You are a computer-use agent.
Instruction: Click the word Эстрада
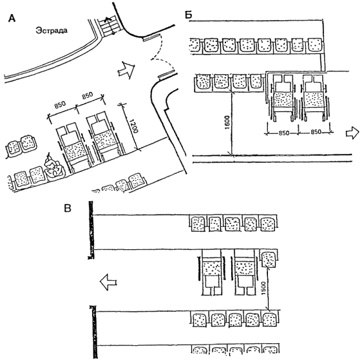pyautogui.click(x=52, y=30)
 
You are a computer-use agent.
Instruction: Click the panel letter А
pyautogui.click(x=12, y=18)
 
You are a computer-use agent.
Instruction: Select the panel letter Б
pyautogui.click(x=189, y=15)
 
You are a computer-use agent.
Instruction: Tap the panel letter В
pyautogui.click(x=68, y=208)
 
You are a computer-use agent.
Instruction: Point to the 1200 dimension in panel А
pyautogui.click(x=133, y=126)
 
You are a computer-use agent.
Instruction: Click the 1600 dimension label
pyautogui.click(x=227, y=122)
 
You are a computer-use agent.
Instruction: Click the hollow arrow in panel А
pyautogui.click(x=126, y=70)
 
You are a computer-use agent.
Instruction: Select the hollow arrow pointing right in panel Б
pyautogui.click(x=352, y=133)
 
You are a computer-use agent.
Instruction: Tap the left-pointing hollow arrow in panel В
pyautogui.click(x=108, y=282)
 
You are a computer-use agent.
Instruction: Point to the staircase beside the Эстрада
pyautogui.click(x=110, y=25)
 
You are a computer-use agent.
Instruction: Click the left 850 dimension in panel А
pyautogui.click(x=61, y=105)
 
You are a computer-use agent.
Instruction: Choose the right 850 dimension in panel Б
pyautogui.click(x=316, y=132)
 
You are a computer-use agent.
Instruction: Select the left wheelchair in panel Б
pyautogui.click(x=282, y=97)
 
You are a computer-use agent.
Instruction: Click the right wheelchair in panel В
pyautogui.click(x=245, y=272)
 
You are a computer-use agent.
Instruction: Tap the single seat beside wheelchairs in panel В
pyautogui.click(x=269, y=258)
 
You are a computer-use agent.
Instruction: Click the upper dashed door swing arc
pyautogui.click(x=157, y=47)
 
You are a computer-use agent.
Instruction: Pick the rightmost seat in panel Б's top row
pyautogui.click(x=315, y=45)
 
